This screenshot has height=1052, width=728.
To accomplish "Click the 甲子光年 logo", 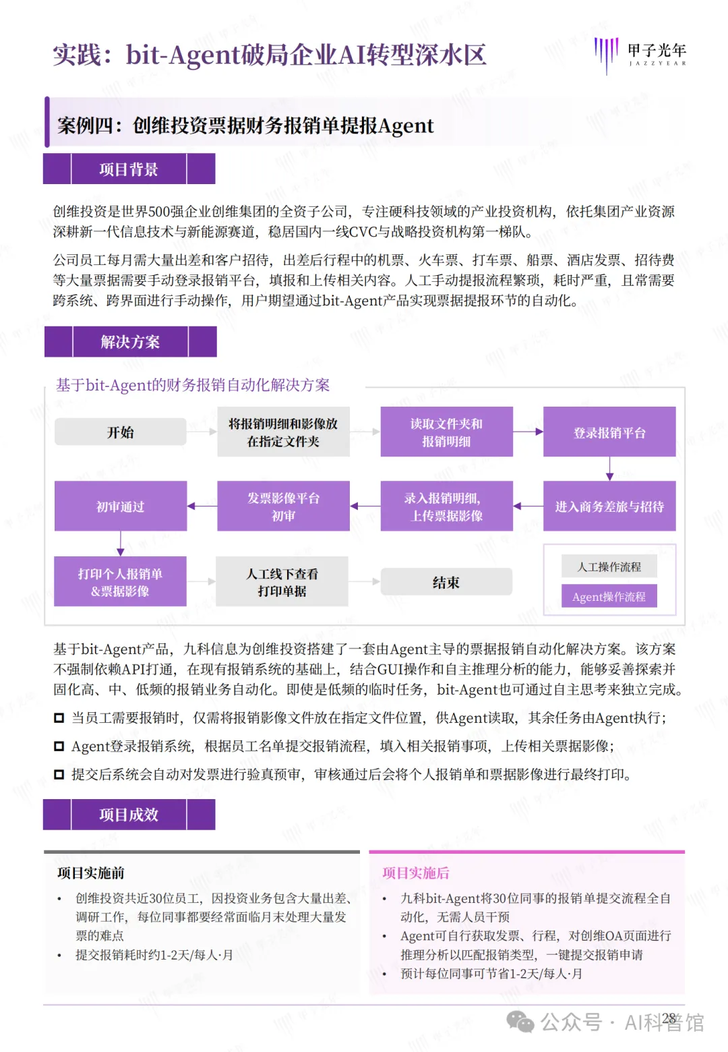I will coord(640,54).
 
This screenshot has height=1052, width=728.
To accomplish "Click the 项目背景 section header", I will coord(129,169).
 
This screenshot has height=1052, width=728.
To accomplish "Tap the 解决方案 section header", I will coord(130,342).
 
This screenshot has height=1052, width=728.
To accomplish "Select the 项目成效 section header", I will coord(129,815).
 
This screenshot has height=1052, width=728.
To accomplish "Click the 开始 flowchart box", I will coord(121,432).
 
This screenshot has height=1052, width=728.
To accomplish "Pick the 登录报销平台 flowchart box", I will coord(609,432).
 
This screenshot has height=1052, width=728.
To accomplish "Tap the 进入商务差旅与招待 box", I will coord(609,506).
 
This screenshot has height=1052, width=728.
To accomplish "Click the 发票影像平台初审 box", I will coord(283,506).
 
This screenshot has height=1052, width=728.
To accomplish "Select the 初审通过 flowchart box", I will coord(121,506).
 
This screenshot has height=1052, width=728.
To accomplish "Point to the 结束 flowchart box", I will coord(446,582).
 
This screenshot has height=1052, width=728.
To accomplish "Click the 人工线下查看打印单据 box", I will coord(282,582).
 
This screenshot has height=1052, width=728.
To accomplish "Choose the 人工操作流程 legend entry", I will coord(609,567).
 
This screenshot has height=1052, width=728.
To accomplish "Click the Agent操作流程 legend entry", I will coord(609,597).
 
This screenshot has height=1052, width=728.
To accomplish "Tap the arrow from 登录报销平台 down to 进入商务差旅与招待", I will coord(609,469).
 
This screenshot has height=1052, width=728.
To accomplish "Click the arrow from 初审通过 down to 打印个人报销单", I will coord(121,544).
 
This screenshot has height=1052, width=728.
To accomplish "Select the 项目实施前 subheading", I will coord(91,873).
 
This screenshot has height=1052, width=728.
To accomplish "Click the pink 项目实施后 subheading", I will coord(416,873).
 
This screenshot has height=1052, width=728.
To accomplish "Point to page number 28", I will coord(669,1018).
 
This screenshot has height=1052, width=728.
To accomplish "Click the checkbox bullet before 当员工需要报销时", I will coord(59,718).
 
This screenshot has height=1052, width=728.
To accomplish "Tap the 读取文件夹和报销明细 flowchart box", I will coord(446,432).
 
